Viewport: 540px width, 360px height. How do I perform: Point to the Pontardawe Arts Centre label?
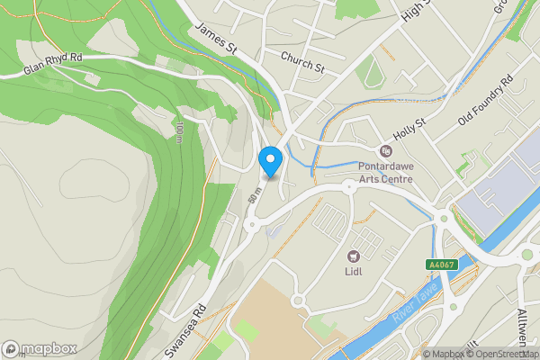pyautogui.click(x=386, y=172)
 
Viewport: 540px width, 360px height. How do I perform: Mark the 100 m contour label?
pyautogui.click(x=179, y=132)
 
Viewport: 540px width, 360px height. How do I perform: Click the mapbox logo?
pyautogui.click(x=39, y=348)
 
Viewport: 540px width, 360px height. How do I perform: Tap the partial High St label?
pyautogui.click(x=418, y=11)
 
